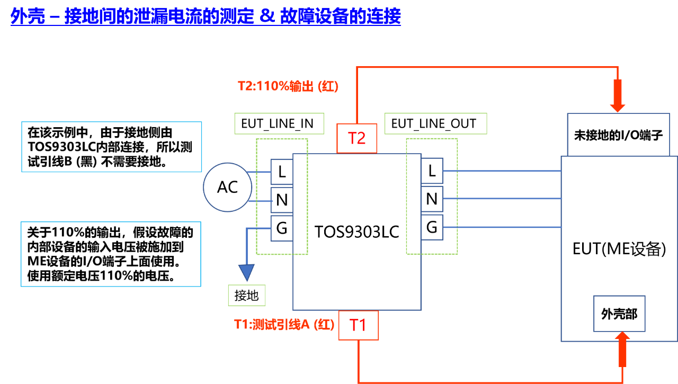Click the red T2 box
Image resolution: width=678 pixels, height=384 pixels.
click(356, 138)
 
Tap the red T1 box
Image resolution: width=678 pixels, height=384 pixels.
click(359, 325)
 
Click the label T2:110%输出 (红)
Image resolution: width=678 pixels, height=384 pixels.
click(288, 86)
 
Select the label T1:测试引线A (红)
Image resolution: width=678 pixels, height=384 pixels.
click(284, 325)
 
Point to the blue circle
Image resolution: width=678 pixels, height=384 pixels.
click(227, 187)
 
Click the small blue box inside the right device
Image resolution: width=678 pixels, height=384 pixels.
click(619, 314)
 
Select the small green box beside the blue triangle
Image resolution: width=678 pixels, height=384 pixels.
click(246, 295)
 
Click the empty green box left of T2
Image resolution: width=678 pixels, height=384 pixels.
click(279, 123)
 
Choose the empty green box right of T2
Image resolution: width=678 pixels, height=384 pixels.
click(435, 123)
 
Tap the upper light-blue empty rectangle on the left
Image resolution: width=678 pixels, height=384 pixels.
click(111, 147)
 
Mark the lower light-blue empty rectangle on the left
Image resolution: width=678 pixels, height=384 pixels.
click(111, 254)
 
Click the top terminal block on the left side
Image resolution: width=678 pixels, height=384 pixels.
click(281, 172)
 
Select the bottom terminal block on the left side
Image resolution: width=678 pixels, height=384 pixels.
click(281, 228)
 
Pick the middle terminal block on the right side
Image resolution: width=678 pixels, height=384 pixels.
click(432, 199)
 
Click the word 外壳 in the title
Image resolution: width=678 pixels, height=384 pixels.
click(28, 17)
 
